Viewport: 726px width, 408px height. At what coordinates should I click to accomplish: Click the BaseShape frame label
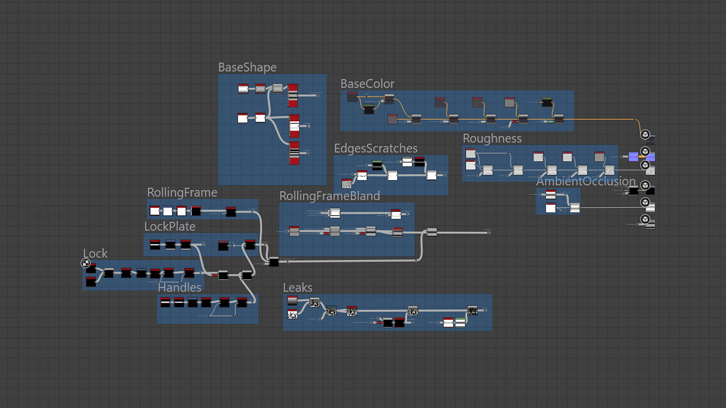click(247, 67)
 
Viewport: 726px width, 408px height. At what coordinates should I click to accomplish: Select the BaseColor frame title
click(367, 84)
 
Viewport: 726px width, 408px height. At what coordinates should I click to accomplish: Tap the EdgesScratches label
click(376, 148)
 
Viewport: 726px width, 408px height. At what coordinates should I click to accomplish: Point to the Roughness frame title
click(492, 138)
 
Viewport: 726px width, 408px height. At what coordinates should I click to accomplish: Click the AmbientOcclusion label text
click(586, 181)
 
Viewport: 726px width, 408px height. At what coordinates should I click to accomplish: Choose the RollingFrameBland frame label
click(330, 196)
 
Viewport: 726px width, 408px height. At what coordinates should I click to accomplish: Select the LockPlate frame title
click(170, 226)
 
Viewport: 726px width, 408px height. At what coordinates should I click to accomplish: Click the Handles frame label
click(180, 287)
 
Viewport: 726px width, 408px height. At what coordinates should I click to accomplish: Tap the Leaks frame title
click(298, 287)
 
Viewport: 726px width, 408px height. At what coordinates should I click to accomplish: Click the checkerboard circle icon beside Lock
click(86, 263)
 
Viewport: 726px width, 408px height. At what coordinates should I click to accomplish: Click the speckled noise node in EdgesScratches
click(347, 183)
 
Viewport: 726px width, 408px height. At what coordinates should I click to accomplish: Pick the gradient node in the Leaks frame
click(292, 301)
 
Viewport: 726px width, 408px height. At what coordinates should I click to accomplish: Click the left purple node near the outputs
click(633, 156)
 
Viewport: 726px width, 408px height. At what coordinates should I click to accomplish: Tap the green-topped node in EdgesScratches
click(377, 165)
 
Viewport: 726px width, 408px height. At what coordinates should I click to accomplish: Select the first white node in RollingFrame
click(155, 210)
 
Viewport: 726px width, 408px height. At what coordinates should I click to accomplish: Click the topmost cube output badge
click(645, 134)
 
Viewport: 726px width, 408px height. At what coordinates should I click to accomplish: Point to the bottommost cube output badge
click(645, 219)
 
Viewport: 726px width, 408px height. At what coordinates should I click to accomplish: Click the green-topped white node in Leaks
click(460, 322)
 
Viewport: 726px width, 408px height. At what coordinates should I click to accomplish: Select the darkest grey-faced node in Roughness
click(599, 156)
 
